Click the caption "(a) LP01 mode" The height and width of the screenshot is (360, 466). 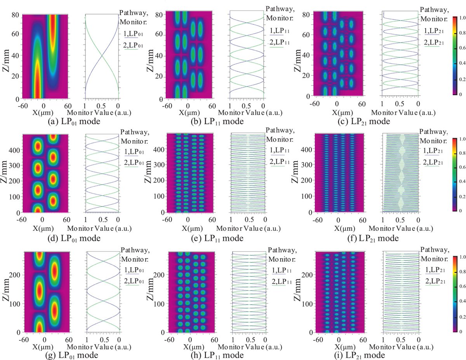point(74,122)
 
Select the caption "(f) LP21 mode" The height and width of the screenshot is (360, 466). point(373,238)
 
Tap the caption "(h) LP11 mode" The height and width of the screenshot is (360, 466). point(217,355)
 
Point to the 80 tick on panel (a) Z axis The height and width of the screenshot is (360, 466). point(15,15)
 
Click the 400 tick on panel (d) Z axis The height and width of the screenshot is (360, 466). point(14,150)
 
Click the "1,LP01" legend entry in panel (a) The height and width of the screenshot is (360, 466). point(133,34)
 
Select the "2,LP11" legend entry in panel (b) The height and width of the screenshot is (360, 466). point(280,42)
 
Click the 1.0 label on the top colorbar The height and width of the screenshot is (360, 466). point(462,18)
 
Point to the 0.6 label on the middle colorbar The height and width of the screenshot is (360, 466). point(462,167)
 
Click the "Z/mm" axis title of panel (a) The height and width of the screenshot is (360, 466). point(6,61)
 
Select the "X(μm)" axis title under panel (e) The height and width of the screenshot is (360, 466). point(192,229)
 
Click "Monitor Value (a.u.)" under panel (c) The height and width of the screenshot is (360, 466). point(403,113)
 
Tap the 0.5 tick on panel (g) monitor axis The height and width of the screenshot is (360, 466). point(104,340)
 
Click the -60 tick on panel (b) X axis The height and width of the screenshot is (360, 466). point(167,106)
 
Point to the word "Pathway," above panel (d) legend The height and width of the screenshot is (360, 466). point(135,132)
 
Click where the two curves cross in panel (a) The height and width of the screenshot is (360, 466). point(102,56)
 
